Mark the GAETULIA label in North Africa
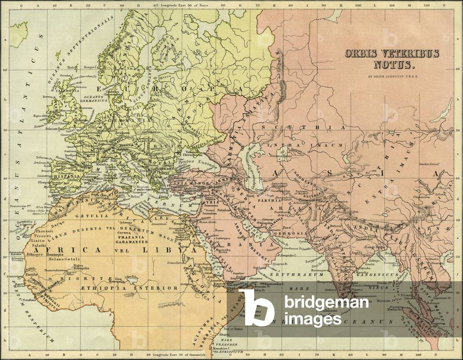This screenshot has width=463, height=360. click(x=91, y=216)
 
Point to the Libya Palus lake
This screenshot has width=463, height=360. click(x=131, y=277)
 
